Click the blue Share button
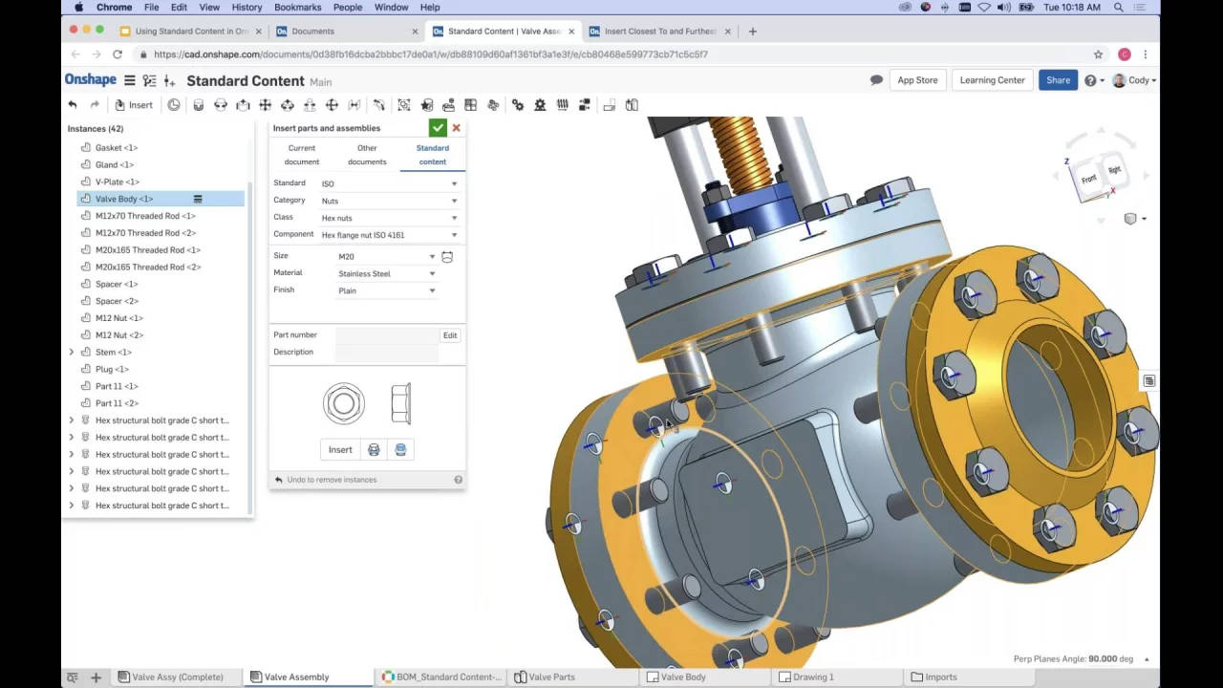coord(1058,80)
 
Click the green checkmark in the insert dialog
coord(438,128)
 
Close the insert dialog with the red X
coord(456,128)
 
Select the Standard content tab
coord(432,155)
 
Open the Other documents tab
coord(367,155)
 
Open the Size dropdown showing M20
coord(386,256)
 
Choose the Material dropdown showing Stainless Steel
coord(386,273)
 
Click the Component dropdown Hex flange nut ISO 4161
coord(388,235)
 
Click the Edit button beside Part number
coord(449,335)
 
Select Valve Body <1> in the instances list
coord(124,199)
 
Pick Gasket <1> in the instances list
coord(117,148)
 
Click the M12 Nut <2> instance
coord(119,335)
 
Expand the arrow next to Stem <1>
coord(72,353)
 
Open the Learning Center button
coord(992,80)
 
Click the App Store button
coord(917,80)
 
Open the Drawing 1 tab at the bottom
coord(812,677)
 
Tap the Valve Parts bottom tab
coord(551,677)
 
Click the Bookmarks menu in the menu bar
coord(297,7)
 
